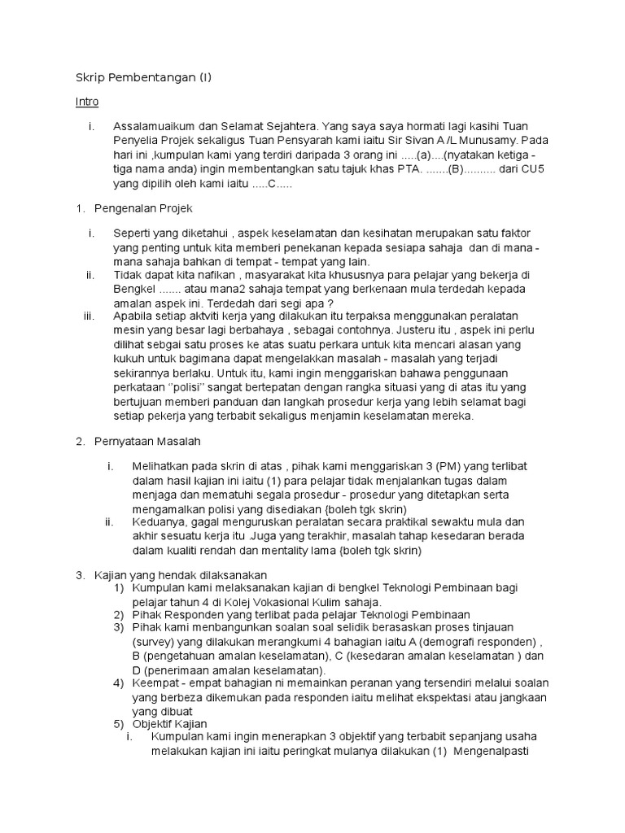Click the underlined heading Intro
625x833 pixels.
pyautogui.click(x=86, y=102)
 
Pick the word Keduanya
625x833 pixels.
pyautogui.click(x=157, y=521)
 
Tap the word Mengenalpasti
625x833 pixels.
pyautogui.click(x=492, y=750)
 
